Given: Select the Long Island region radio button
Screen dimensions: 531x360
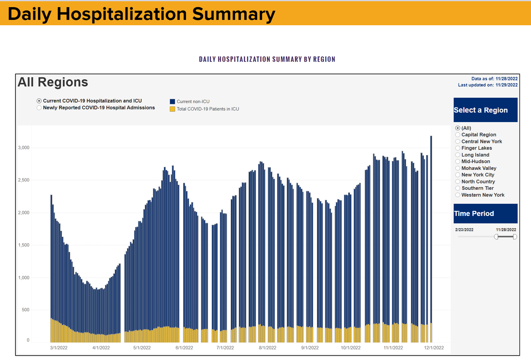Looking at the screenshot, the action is coord(458,155).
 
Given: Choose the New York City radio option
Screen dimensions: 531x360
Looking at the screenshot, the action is coord(458,175).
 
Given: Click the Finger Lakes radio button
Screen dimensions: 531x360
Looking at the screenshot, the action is coord(458,148).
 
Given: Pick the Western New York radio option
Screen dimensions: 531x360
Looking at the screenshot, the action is coord(458,195).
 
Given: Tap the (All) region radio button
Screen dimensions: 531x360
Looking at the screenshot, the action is coord(458,128).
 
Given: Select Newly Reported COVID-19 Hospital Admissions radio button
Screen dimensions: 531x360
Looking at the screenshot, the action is coord(39,108).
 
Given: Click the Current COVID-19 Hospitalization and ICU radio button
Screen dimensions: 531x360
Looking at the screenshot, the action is coord(39,101).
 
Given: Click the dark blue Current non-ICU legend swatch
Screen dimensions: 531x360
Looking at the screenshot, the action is coord(172,102).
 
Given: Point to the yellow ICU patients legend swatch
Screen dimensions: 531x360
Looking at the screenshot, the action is coord(172,109).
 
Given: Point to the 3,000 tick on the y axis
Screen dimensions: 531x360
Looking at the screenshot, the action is coord(24,148).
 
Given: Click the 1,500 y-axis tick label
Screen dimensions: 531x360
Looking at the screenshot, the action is coord(24,245).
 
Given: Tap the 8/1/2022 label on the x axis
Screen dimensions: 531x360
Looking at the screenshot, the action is coord(267,348).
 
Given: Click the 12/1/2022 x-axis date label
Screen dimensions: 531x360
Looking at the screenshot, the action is coord(434,348).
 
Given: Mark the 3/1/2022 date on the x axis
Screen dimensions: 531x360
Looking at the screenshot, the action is coord(58,348).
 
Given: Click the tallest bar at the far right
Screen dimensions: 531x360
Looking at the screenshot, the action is coord(431,239).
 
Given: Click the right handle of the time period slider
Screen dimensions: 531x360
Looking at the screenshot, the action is coord(515,237).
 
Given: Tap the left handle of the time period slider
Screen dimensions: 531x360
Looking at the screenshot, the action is coord(496,237).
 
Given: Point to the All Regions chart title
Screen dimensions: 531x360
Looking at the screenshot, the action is coord(53,82).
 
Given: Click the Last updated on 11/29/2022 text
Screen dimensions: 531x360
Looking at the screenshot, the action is coord(488,85).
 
